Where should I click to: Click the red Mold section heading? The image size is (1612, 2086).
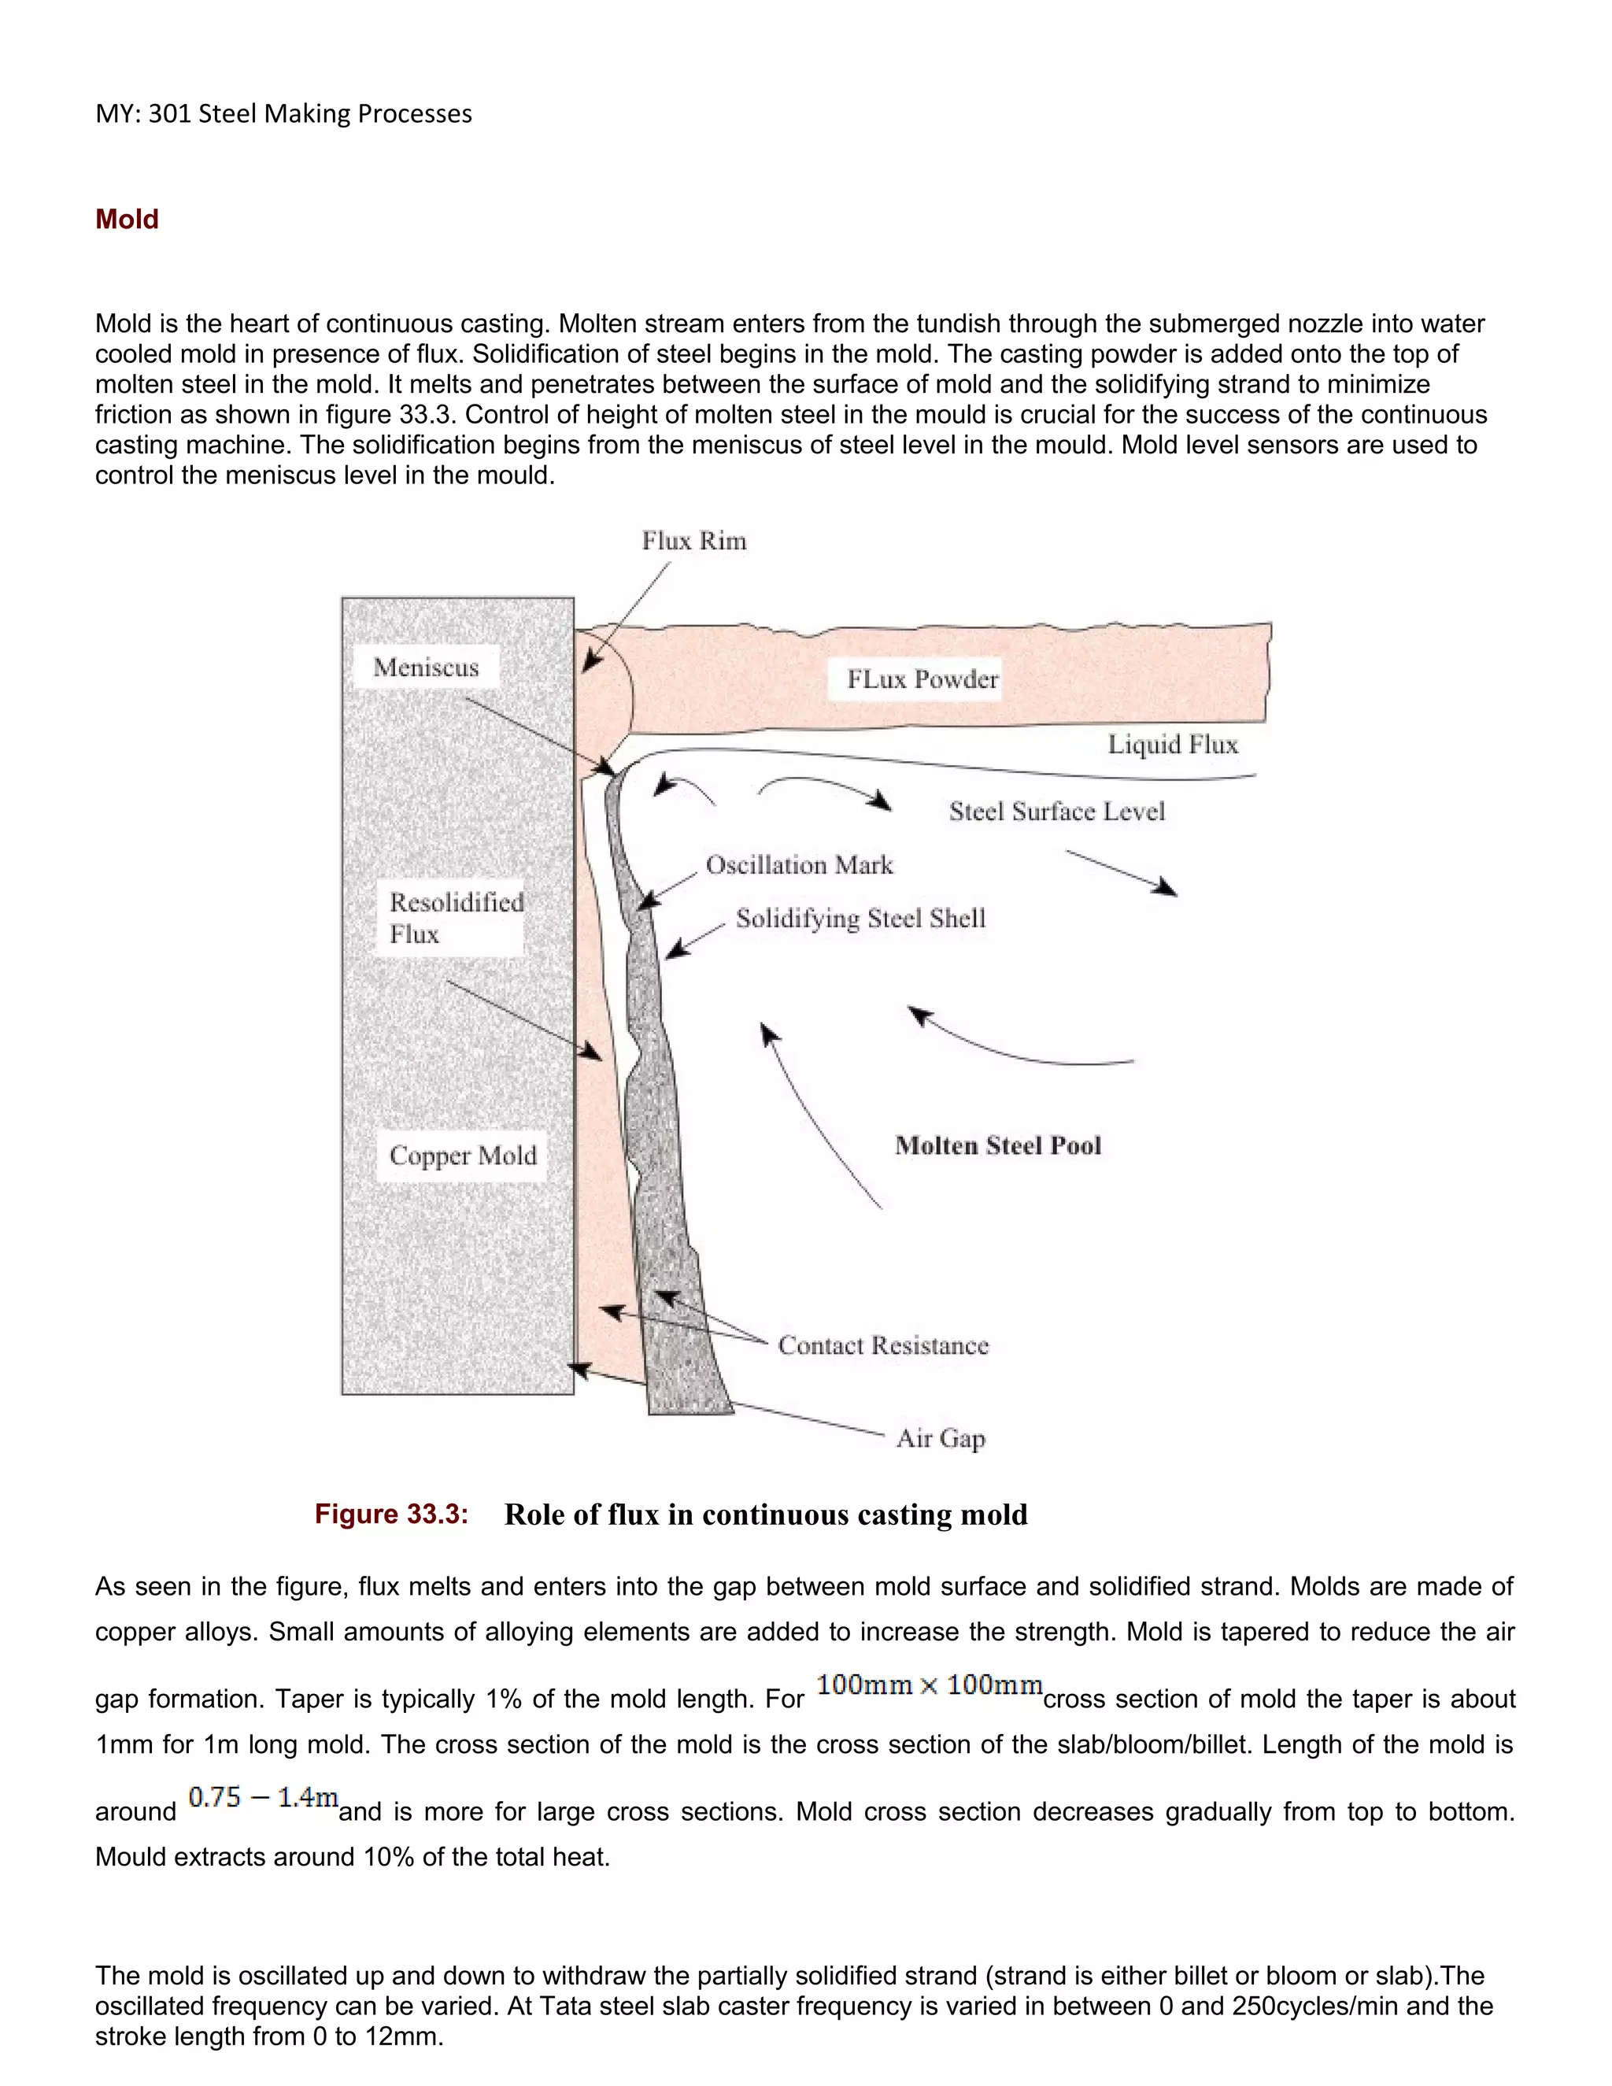[126, 219]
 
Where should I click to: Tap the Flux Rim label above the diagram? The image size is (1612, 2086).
[693, 541]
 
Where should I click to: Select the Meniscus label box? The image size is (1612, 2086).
[426, 667]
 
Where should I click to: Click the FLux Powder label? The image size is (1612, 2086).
[922, 679]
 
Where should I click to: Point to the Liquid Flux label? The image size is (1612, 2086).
[1172, 744]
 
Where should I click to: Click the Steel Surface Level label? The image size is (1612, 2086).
[1056, 811]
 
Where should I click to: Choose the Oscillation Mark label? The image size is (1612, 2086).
[800, 864]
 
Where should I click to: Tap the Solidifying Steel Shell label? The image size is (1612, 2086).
[860, 918]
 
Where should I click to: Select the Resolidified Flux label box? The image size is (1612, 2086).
[455, 918]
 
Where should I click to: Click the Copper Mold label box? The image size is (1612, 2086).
[462, 1156]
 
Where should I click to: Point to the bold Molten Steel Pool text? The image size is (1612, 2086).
[997, 1145]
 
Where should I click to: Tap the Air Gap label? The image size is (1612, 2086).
[940, 1437]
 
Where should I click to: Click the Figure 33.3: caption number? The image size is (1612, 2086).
[390, 1514]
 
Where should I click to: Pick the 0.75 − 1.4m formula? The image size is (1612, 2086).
[263, 1798]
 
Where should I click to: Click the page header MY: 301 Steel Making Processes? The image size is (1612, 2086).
[283, 113]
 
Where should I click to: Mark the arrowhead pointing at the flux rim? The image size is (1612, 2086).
[591, 661]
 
